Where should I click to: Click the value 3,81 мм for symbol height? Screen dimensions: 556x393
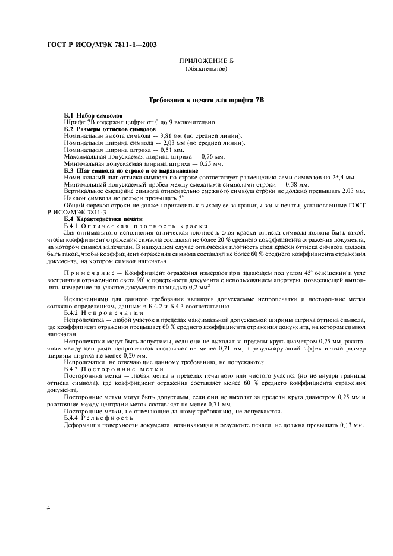[162, 135]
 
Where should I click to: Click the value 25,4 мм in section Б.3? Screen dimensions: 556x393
[343, 178]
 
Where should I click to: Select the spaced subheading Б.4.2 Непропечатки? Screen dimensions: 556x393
[104, 312]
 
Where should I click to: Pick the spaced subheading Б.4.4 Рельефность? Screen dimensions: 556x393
[103, 418]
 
